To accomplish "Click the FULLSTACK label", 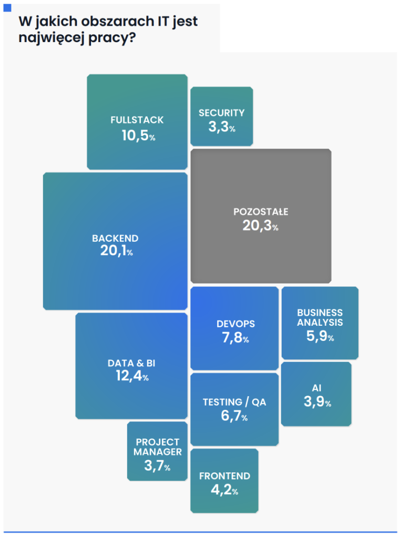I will (x=137, y=120).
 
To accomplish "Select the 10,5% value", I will (x=138, y=136).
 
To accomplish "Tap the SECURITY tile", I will (x=221, y=116).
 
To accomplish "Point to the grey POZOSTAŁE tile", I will (x=261, y=216).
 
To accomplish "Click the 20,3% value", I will (x=260, y=226).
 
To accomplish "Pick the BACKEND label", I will (x=115, y=239).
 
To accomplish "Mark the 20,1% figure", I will (x=116, y=251).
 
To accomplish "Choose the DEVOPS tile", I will (x=234, y=328).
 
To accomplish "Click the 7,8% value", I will (x=235, y=338).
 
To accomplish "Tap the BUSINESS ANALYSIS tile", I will (x=320, y=323).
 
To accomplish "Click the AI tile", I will (x=316, y=394).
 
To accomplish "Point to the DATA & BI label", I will (x=131, y=363).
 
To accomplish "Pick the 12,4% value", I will (x=132, y=376).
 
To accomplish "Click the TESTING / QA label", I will (x=234, y=402).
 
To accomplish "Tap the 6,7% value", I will (x=234, y=417).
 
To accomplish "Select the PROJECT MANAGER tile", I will (x=157, y=451).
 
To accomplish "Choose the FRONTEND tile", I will (x=224, y=480).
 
